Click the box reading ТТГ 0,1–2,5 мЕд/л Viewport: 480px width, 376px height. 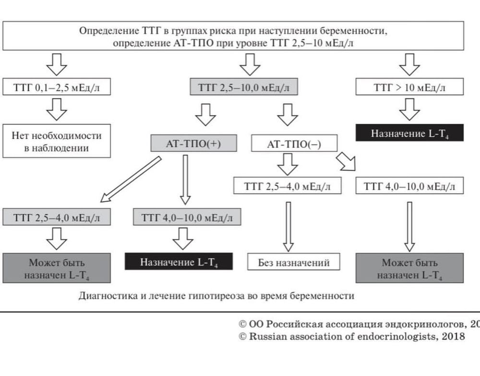[x=57, y=87]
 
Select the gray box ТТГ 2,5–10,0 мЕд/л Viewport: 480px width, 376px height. [x=244, y=87]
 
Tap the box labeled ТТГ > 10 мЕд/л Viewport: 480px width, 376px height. [x=409, y=87]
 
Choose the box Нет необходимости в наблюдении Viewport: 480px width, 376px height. [x=57, y=142]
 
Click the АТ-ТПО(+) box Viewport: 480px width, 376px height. [x=194, y=143]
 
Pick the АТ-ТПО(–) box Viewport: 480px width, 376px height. [x=294, y=143]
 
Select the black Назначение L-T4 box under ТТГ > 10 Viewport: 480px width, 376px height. [x=409, y=133]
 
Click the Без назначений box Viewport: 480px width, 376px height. [x=294, y=262]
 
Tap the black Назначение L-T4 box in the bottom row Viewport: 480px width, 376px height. [x=179, y=262]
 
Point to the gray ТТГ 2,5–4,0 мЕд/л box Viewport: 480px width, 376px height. [x=57, y=218]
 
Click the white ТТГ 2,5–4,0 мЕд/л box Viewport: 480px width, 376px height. [x=288, y=186]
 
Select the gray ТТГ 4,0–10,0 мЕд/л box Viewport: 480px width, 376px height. [x=187, y=218]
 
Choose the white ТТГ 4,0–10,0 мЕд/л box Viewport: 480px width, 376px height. [x=409, y=186]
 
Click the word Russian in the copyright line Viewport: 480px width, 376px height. [x=265, y=336]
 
